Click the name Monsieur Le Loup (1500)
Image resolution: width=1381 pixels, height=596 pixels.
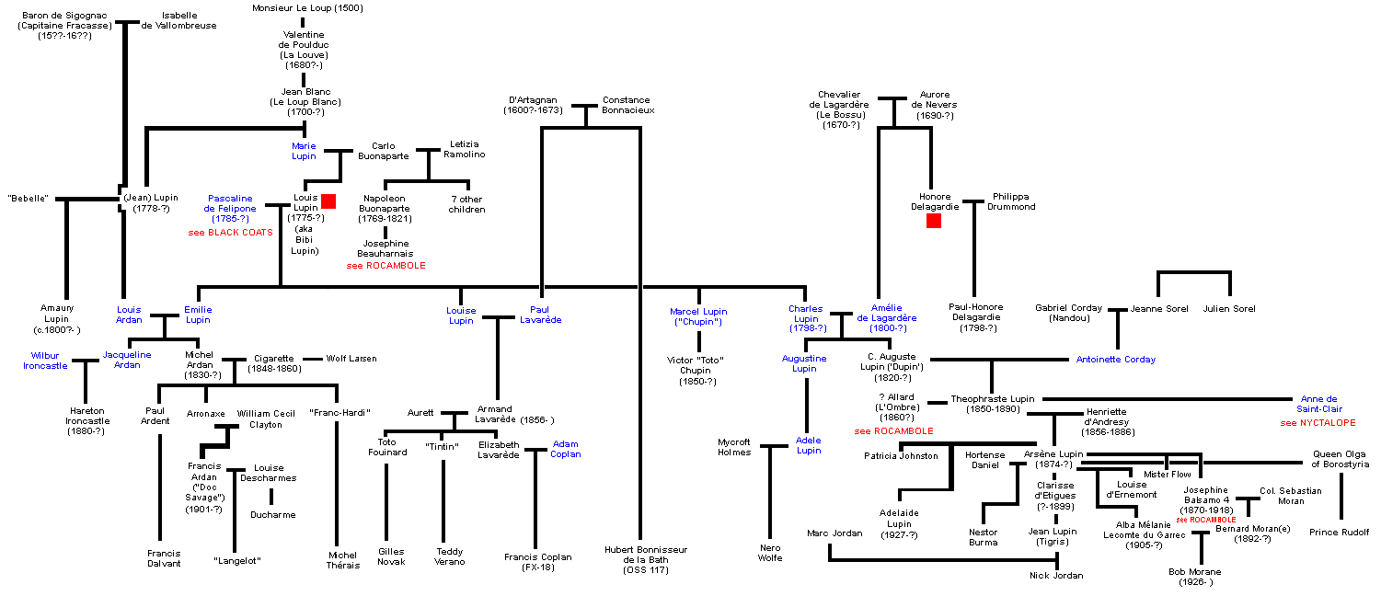(307, 8)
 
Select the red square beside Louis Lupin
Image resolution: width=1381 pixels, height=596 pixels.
(328, 201)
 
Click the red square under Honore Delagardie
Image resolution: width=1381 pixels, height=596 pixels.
(934, 221)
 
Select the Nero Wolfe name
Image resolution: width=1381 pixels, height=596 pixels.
(769, 554)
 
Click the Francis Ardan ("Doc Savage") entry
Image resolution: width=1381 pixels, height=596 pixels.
(204, 487)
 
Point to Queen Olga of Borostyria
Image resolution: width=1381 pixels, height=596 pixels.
(1339, 460)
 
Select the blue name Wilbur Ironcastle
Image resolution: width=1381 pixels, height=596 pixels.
(46, 360)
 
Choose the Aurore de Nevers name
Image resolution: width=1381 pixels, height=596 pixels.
(937, 105)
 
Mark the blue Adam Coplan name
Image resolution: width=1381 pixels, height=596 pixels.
(566, 449)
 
